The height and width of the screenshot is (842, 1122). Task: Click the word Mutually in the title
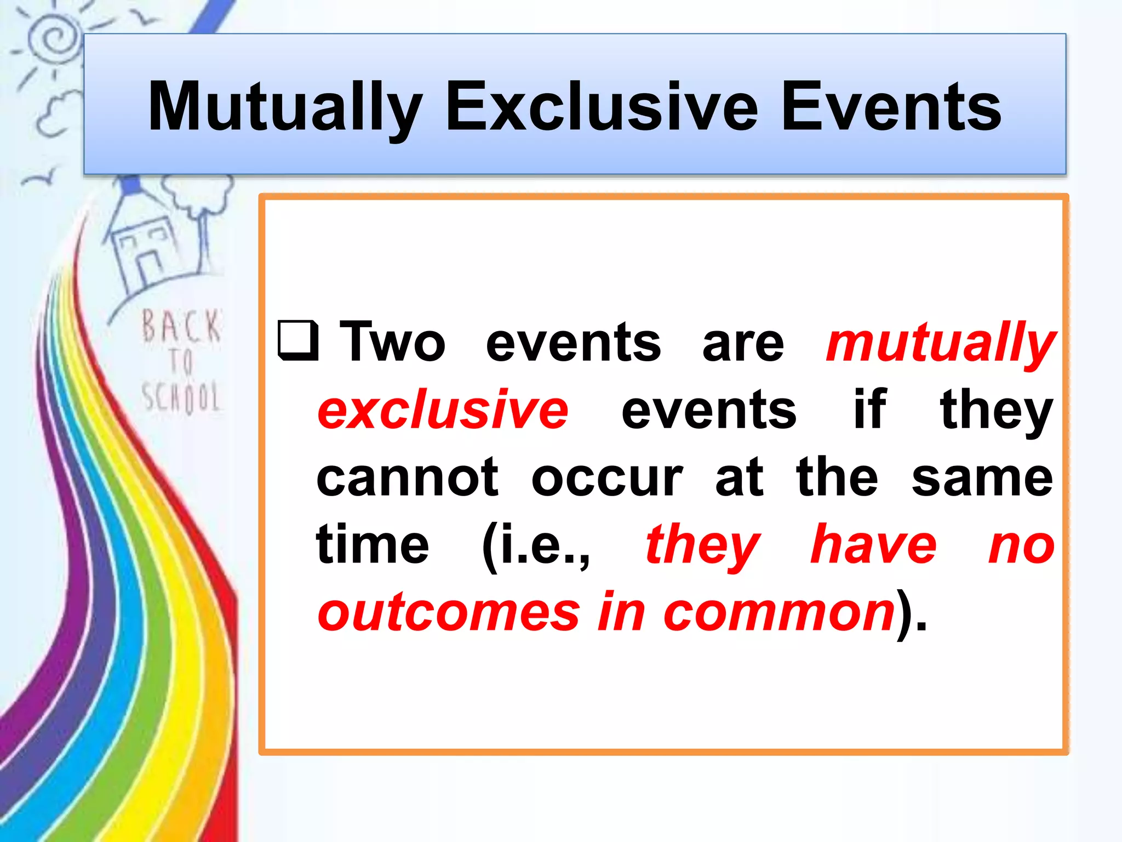point(285,107)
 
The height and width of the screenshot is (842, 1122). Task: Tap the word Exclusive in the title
point(602,107)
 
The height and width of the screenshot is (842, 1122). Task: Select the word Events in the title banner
point(891,107)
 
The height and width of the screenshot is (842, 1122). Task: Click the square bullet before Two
point(298,340)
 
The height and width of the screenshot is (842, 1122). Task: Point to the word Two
point(392,343)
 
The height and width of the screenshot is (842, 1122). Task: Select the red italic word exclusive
point(443,410)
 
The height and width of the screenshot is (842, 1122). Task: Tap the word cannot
point(408,478)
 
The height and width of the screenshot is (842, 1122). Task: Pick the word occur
point(607,478)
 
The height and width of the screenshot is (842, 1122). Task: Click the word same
point(982,478)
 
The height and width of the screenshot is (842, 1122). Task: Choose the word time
point(373,545)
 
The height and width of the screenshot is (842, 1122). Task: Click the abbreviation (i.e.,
point(536,546)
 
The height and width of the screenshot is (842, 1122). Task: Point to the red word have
point(873,545)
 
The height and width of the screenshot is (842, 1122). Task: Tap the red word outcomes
point(448,613)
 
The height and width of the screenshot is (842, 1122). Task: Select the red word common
point(779,613)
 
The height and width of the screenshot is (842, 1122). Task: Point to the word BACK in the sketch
point(181,327)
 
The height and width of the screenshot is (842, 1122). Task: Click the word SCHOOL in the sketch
point(181,397)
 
